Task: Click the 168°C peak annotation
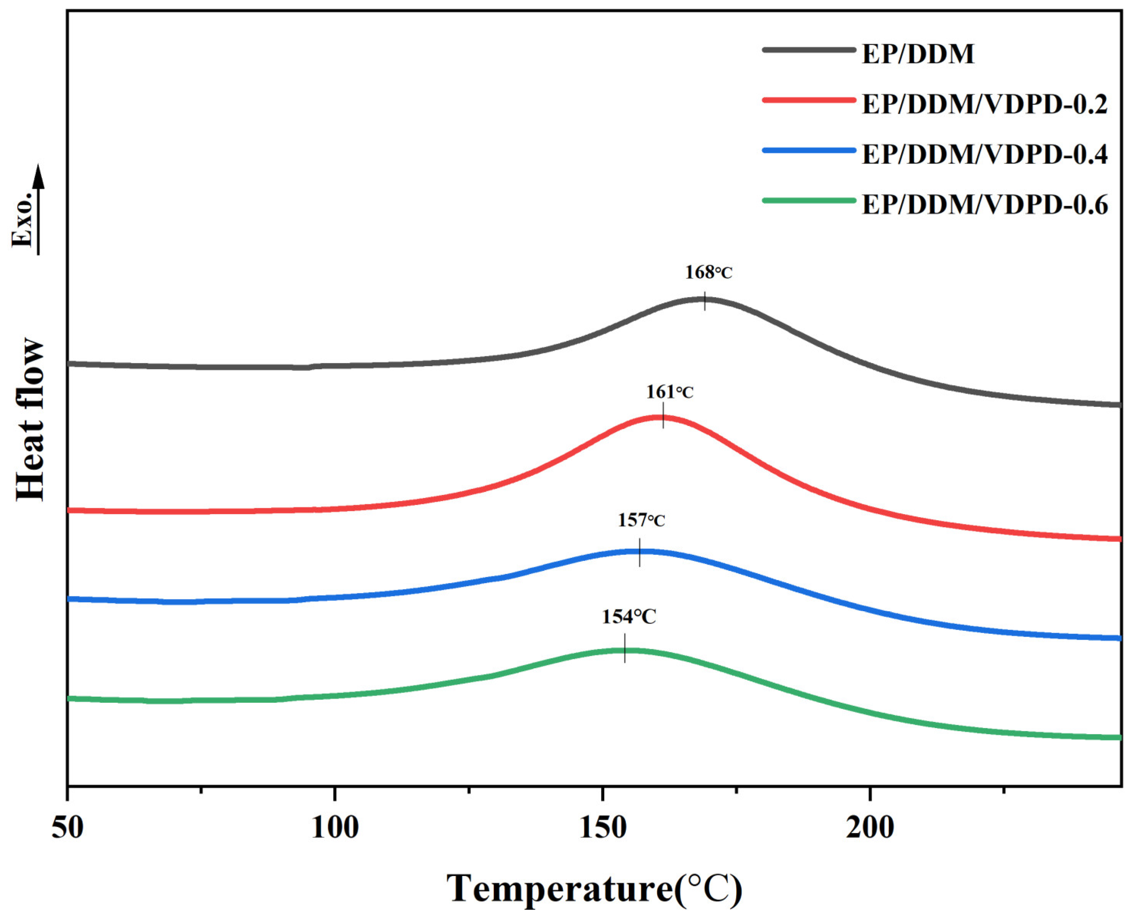click(708, 273)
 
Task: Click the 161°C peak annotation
click(669, 392)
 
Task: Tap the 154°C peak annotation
click(629, 617)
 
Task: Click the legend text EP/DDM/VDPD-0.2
click(984, 105)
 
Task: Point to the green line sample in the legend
click(808, 200)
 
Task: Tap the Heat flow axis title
click(30, 419)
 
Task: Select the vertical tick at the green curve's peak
click(625, 648)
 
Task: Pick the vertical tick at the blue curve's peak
click(640, 552)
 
